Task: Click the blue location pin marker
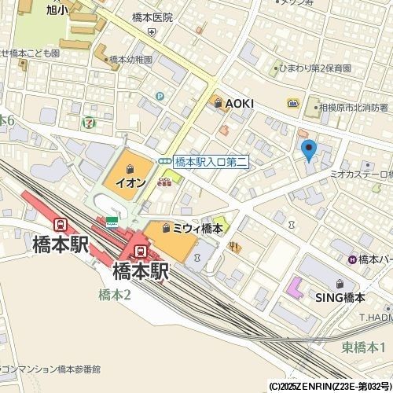[x=308, y=149]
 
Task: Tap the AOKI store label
[x=239, y=103]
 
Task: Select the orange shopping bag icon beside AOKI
[x=215, y=103]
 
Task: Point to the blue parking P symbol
[x=160, y=97]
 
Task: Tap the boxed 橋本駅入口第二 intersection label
[x=211, y=160]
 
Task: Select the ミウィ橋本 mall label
[x=197, y=228]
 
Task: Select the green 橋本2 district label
[x=115, y=295]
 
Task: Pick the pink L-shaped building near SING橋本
[x=295, y=288]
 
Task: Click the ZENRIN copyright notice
[x=329, y=387]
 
